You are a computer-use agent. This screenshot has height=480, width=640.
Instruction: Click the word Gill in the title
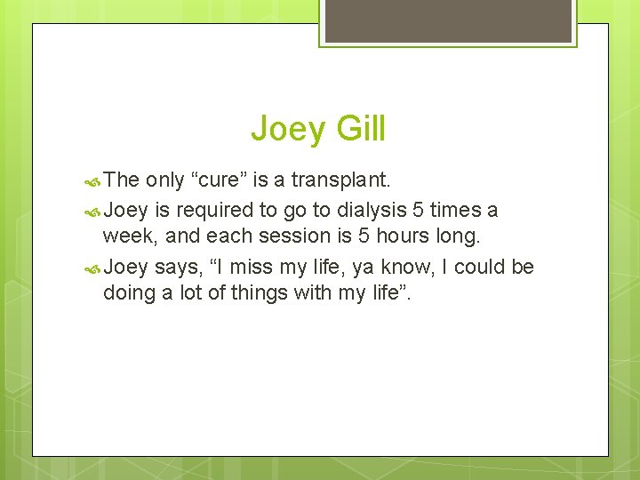(x=360, y=129)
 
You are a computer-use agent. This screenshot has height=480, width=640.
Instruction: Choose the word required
(x=220, y=210)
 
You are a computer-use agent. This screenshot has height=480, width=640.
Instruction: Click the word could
(x=473, y=267)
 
